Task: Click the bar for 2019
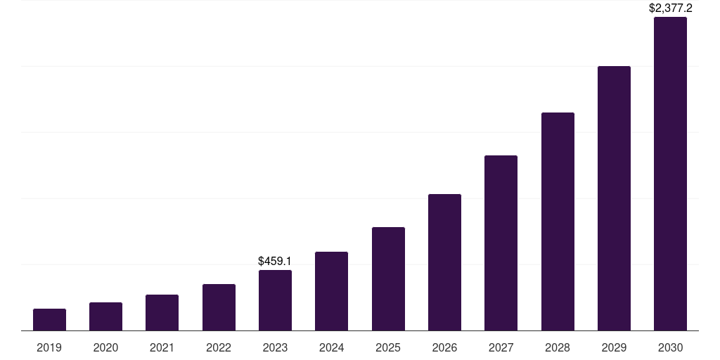pyautogui.click(x=49, y=320)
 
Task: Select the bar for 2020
pyautogui.click(x=105, y=316)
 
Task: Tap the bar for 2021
pyautogui.click(x=162, y=313)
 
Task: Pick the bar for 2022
pyautogui.click(x=219, y=307)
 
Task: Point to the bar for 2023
pyautogui.click(x=275, y=300)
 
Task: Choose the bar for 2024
pyautogui.click(x=331, y=291)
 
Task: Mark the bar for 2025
pyautogui.click(x=388, y=278)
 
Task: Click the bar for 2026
pyautogui.click(x=444, y=262)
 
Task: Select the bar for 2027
pyautogui.click(x=501, y=243)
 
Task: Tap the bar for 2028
pyautogui.click(x=558, y=221)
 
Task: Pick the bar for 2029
pyautogui.click(x=614, y=198)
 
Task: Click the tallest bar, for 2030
pyautogui.click(x=670, y=174)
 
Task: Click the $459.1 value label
pyautogui.click(x=275, y=261)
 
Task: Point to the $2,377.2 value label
pyautogui.click(x=670, y=8)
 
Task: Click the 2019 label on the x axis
pyautogui.click(x=49, y=347)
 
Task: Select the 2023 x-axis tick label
pyautogui.click(x=275, y=347)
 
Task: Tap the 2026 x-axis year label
pyautogui.click(x=444, y=347)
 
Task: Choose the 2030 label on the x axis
pyautogui.click(x=670, y=347)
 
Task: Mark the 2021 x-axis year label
pyautogui.click(x=162, y=347)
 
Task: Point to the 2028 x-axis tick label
pyautogui.click(x=558, y=347)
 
